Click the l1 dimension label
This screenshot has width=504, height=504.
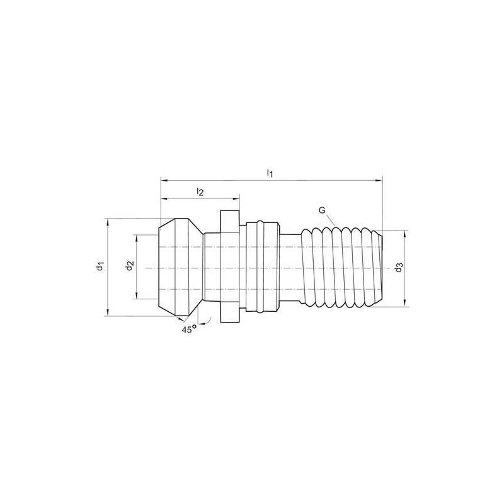(270, 172)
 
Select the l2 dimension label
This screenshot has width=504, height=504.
(200, 191)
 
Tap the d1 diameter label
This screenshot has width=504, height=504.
(100, 266)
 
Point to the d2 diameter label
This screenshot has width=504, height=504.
(128, 266)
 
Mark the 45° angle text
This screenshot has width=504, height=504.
(188, 328)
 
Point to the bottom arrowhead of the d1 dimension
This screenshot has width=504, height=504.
(108, 314)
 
